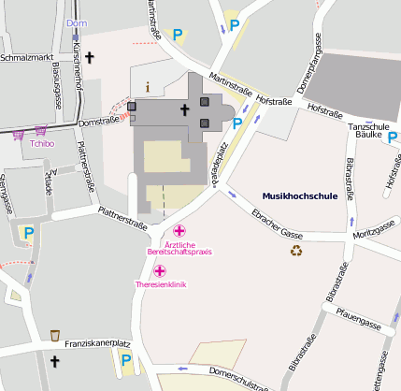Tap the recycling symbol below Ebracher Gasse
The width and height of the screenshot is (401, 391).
296,250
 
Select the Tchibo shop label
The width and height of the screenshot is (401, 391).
41,143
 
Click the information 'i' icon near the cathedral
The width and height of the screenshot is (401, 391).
147,86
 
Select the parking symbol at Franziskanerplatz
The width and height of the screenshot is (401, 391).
124,358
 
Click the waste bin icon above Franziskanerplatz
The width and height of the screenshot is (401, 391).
55,335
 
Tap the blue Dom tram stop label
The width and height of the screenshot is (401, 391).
79,22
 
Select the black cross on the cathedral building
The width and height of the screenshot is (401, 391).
184,110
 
